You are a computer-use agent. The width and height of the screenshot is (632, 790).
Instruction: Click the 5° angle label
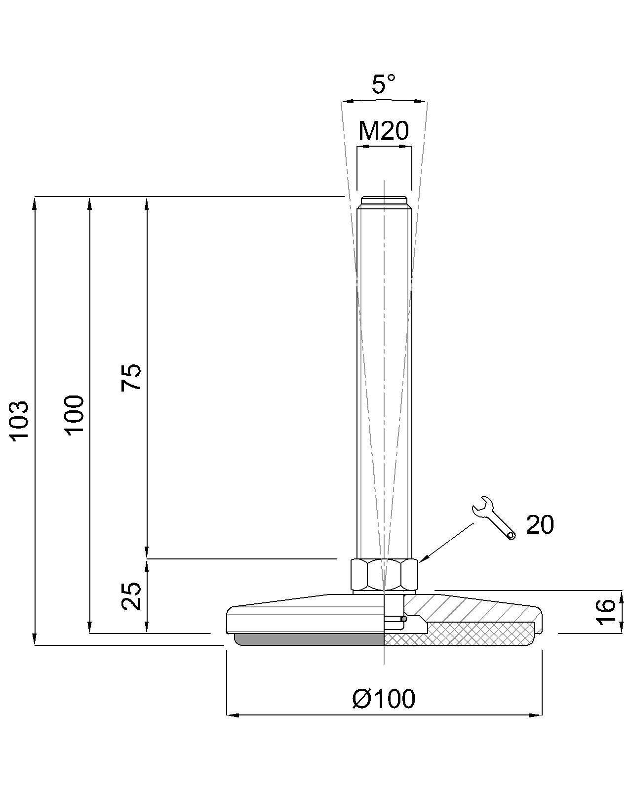[x=383, y=84]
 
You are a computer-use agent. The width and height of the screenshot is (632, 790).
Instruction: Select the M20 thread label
[x=383, y=131]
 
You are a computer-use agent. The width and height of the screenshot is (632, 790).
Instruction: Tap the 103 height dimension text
[x=19, y=421]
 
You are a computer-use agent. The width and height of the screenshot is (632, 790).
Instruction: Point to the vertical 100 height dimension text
[x=75, y=415]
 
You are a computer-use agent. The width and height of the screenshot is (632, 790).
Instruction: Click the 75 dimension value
[x=131, y=377]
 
